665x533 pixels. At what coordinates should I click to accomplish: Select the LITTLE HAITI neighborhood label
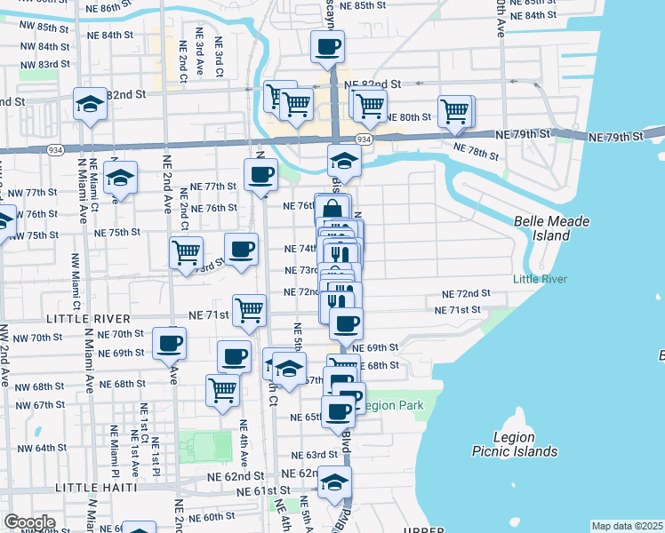tap(96, 488)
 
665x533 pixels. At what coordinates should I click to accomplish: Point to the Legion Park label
tap(391, 406)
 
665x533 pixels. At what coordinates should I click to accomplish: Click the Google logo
tap(29, 522)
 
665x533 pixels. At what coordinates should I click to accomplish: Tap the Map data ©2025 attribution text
tap(627, 526)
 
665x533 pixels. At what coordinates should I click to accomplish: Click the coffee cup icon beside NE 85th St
tap(327, 45)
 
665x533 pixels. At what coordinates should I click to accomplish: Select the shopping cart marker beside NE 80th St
tap(454, 111)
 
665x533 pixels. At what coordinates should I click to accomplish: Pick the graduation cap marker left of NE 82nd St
tap(90, 104)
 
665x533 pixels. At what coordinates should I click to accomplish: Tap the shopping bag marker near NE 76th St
tap(332, 210)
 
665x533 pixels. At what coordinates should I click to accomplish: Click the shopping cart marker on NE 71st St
tap(250, 311)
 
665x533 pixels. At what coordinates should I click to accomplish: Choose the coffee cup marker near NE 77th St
tap(260, 174)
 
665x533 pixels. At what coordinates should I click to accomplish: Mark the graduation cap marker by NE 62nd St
tap(334, 481)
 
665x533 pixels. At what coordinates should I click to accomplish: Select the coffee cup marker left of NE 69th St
tap(169, 342)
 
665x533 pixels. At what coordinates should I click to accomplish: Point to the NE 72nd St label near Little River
tap(467, 293)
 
